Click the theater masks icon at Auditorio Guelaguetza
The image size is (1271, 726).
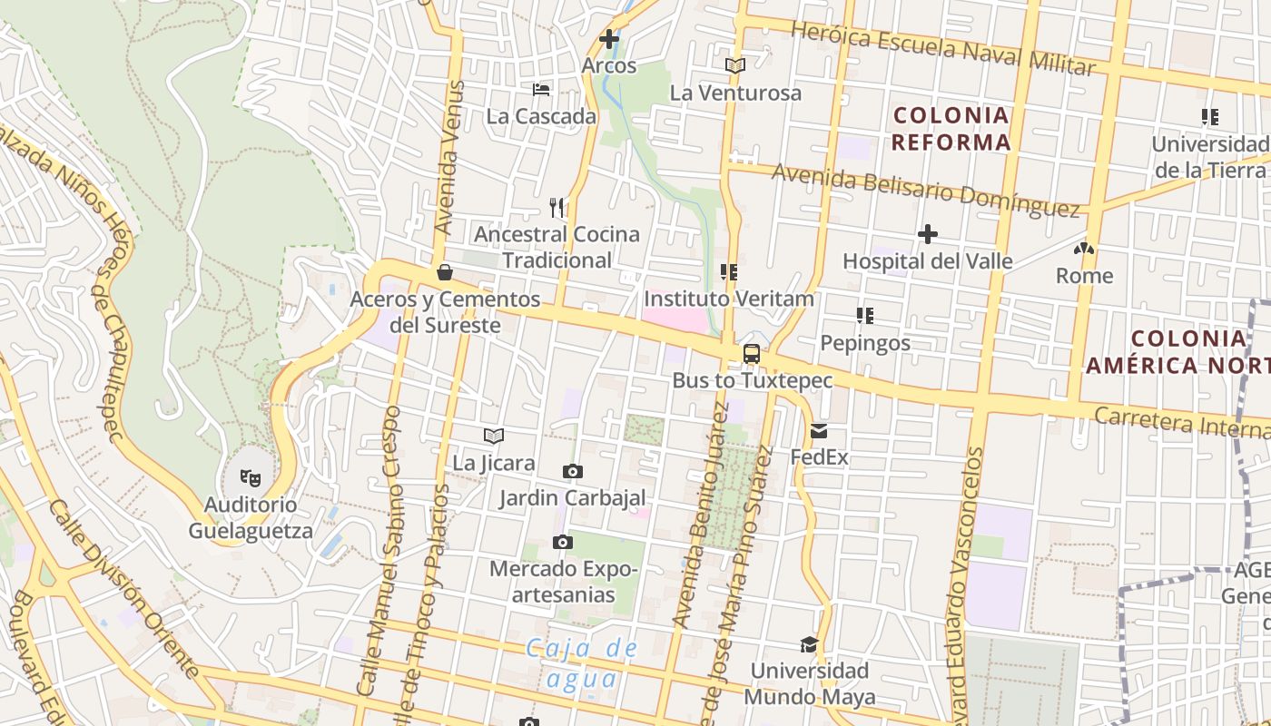point(251,476)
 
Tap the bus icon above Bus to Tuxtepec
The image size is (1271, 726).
point(752,354)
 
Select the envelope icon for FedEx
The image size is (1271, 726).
point(819,431)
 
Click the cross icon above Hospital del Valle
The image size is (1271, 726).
point(927,234)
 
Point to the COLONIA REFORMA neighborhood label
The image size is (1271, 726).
point(951,129)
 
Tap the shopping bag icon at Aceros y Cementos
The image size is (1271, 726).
point(445,272)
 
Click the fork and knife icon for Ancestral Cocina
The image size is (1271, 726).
point(557,208)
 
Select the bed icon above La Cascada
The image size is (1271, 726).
point(541,90)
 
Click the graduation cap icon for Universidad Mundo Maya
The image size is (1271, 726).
point(809,644)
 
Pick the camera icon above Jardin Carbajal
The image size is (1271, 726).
point(573,471)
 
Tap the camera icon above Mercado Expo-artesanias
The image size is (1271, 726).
point(563,543)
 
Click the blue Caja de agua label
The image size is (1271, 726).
point(581,663)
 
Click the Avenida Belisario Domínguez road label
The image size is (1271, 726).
point(925,190)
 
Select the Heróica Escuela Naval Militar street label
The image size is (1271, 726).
point(943,48)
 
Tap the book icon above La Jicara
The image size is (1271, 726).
point(494,437)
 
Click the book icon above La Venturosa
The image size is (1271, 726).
point(735,65)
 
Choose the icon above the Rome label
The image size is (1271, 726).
point(1083,249)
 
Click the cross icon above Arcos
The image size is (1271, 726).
point(609,39)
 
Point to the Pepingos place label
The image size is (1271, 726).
point(864,343)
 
